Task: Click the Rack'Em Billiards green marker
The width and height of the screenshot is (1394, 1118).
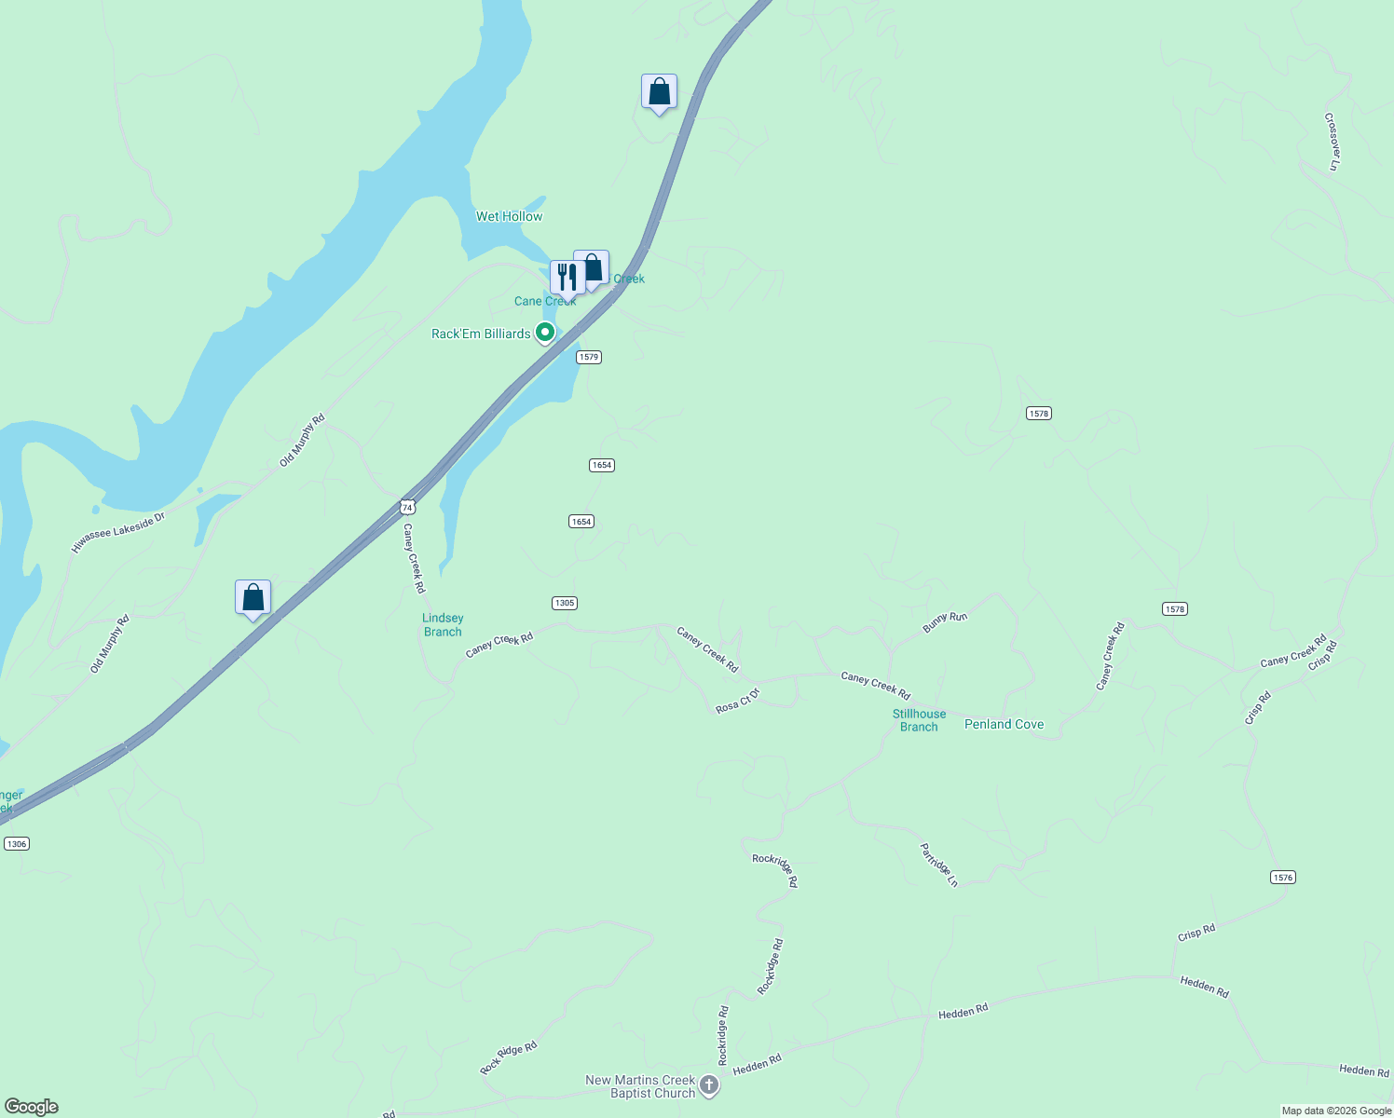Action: (545, 333)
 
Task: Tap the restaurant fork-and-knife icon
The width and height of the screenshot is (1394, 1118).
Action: (567, 277)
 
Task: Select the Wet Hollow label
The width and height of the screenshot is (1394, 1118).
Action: (509, 216)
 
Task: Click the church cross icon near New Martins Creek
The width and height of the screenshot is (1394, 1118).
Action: (709, 1085)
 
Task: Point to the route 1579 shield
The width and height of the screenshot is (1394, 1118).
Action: (588, 357)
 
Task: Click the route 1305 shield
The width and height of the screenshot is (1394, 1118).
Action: (565, 603)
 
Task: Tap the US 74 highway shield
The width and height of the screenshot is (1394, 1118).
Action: (407, 507)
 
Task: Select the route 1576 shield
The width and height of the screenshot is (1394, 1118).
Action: (1283, 877)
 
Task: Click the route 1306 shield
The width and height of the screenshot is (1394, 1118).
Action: (17, 843)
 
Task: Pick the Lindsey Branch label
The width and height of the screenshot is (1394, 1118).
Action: (443, 624)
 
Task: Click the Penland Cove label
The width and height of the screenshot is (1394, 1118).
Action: (1004, 724)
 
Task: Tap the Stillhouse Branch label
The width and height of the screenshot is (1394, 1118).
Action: (919, 720)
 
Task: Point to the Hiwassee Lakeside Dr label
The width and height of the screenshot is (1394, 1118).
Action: (117, 532)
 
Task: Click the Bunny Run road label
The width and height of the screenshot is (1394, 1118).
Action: (945, 622)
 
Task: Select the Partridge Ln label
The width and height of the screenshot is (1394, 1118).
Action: (939, 865)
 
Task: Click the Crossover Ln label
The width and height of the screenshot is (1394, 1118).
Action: (1332, 142)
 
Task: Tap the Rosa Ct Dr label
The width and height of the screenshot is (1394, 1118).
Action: (738, 701)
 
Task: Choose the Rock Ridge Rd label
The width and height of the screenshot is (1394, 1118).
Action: (509, 1057)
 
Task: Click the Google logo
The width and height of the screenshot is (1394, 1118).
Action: (32, 1107)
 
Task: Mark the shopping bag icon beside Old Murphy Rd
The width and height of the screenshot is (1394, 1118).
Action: (253, 597)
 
